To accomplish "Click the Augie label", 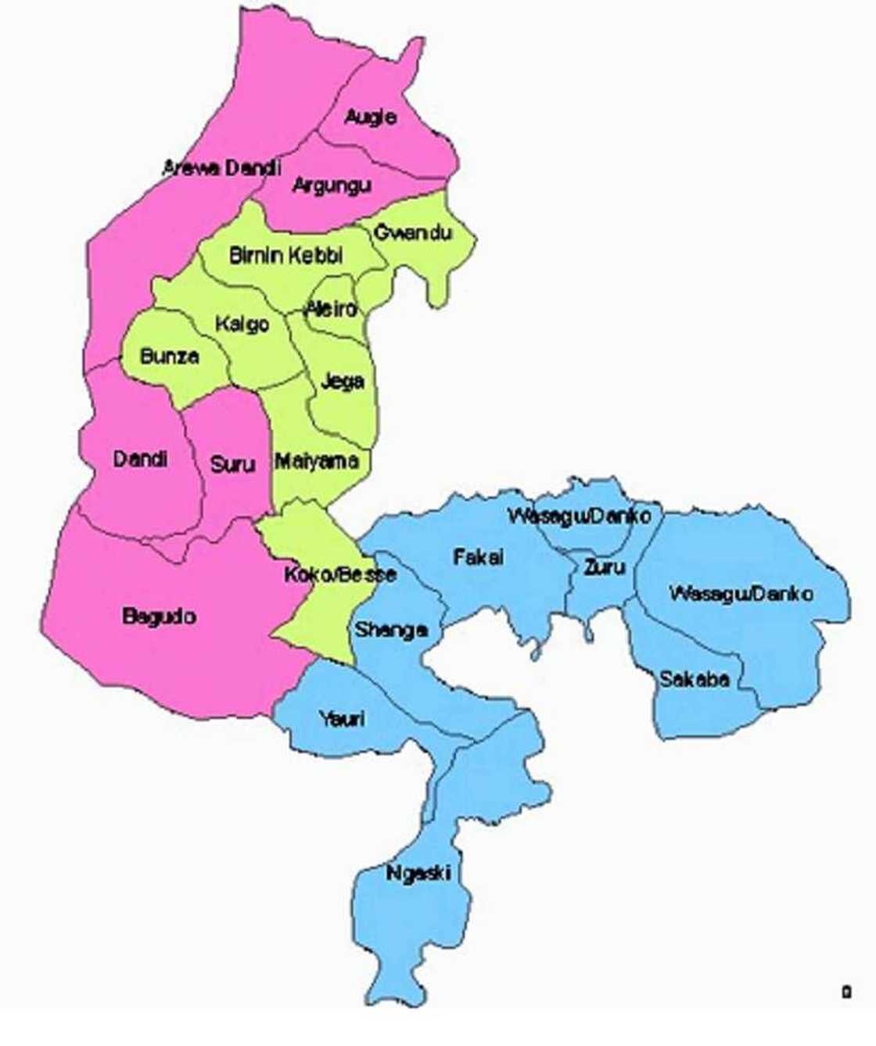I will point(371,117).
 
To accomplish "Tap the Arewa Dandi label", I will point(221,167).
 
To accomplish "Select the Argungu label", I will point(332,186).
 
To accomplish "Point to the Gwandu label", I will point(413,232).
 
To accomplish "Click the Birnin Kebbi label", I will point(286,255).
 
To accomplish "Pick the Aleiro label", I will point(332,308).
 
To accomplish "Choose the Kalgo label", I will point(242,324).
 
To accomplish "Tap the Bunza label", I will point(170,357).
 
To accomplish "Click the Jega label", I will point(343,382).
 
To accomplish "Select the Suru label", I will point(232,465).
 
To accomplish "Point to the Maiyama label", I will point(317,462).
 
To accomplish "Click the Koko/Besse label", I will point(339,574).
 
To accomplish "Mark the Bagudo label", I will point(160,616).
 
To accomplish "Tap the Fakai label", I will point(479,557).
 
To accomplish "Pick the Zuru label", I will point(604,567).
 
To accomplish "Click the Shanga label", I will point(391,630).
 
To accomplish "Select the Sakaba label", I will point(695,679).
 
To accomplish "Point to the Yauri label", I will point(342,718).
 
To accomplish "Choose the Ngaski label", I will point(418,873).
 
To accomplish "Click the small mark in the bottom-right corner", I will point(846,992).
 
